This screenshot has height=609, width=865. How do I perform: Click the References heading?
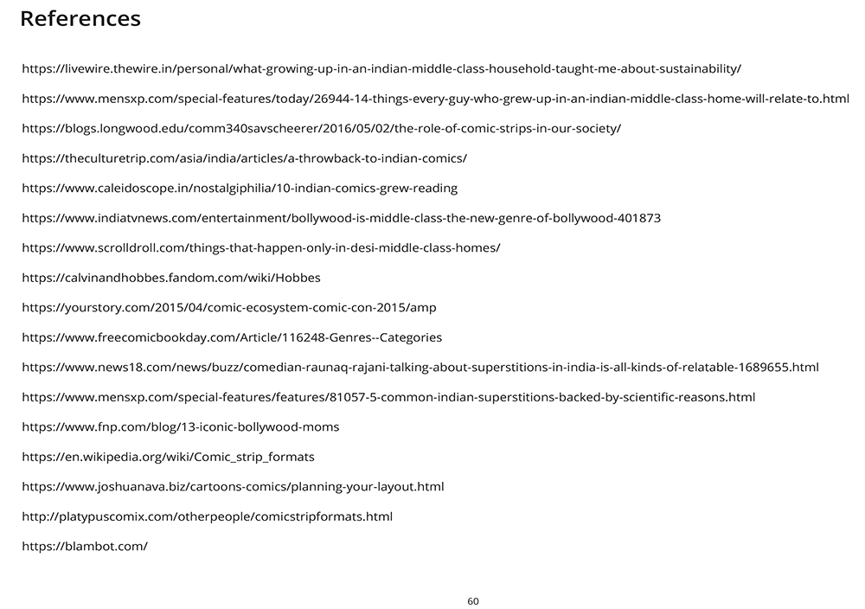(80, 19)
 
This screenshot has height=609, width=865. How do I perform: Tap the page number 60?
(473, 601)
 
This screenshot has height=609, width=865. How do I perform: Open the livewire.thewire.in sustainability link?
(381, 68)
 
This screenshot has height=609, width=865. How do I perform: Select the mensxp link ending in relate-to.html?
(435, 99)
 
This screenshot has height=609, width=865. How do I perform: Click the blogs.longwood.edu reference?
(321, 129)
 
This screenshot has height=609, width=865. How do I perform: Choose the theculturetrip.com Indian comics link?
(244, 158)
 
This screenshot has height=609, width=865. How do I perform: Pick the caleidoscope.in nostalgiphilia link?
(240, 188)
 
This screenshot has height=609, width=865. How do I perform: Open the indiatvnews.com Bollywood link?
(341, 218)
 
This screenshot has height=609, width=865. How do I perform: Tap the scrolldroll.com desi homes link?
(260, 248)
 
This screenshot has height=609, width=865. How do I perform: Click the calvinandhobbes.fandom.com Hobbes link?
(171, 278)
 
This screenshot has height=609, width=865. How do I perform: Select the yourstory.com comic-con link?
(228, 308)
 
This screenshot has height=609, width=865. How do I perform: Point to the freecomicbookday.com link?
(232, 337)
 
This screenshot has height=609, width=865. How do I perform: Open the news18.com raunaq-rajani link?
(420, 368)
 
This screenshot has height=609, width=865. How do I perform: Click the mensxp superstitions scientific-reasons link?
(388, 397)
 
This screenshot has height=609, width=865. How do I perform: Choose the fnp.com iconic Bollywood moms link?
(180, 427)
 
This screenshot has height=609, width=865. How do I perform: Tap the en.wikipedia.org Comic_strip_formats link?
(168, 457)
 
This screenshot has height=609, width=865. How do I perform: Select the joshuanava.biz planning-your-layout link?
(233, 487)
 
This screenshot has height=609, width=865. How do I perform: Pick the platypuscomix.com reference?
(207, 516)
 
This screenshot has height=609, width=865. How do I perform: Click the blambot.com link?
(85, 547)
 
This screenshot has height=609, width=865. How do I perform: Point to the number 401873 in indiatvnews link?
(639, 218)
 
